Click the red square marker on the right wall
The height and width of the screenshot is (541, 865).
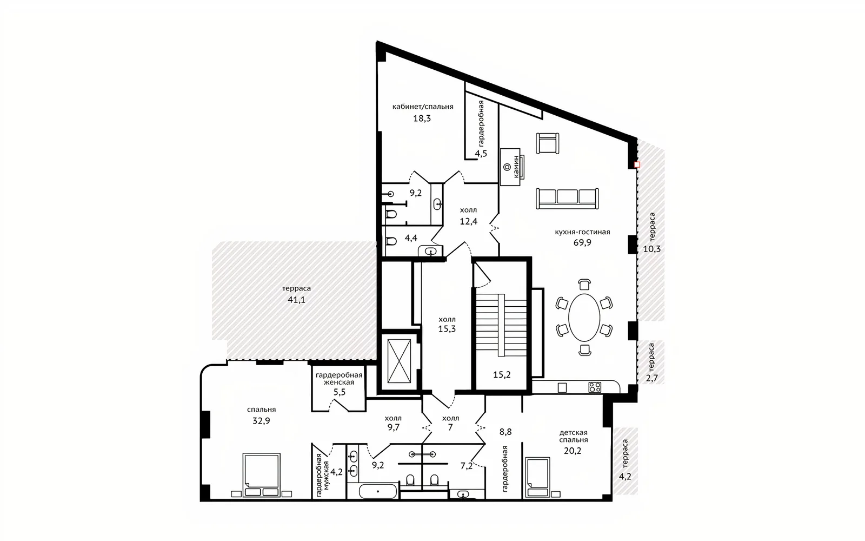637,164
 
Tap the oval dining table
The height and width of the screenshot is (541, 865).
584,318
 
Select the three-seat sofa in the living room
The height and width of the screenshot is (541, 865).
567,198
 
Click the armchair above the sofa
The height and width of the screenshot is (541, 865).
548,143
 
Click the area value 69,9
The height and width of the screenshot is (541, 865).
582,243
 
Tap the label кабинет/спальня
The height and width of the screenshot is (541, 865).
423,107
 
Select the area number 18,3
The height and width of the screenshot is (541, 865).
422,118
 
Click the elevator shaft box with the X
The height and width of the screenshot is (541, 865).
399,361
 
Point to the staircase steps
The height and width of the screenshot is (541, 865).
501,325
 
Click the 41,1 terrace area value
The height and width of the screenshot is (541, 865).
297,300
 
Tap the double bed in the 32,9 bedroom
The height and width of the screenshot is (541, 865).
262,475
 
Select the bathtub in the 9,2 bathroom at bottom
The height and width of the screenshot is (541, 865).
378,492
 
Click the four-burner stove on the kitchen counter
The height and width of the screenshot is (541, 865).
595,387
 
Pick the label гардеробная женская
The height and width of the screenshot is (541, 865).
339,379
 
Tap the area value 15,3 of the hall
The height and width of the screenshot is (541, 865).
447,329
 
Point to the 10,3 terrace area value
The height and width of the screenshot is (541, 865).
652,249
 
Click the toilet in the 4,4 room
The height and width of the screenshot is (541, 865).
391,241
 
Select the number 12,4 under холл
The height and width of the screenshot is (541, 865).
468,221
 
